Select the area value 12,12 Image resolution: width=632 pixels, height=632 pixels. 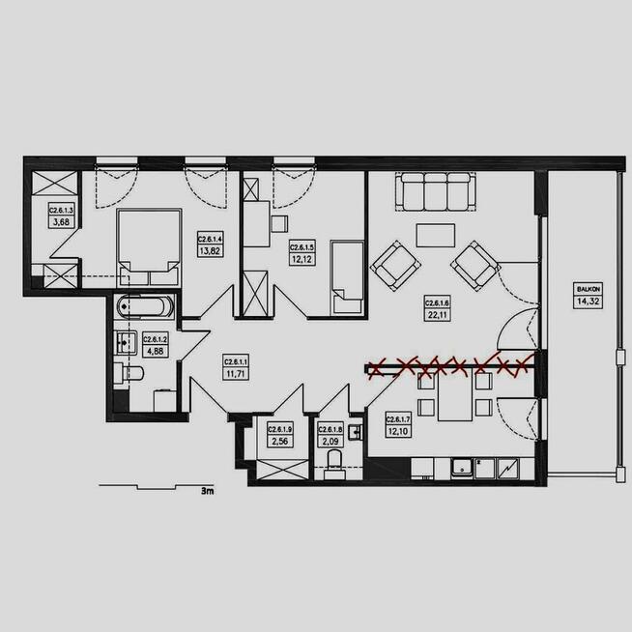click(302, 258)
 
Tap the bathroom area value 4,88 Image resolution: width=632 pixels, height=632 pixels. click(156, 351)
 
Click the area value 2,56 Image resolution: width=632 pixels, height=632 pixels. click(279, 442)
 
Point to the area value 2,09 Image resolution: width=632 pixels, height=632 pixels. click(330, 442)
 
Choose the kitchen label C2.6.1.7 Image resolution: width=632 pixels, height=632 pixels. click(399, 419)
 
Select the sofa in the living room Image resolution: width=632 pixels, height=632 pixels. click(436, 191)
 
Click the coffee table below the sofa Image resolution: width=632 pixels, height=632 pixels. click(437, 236)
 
